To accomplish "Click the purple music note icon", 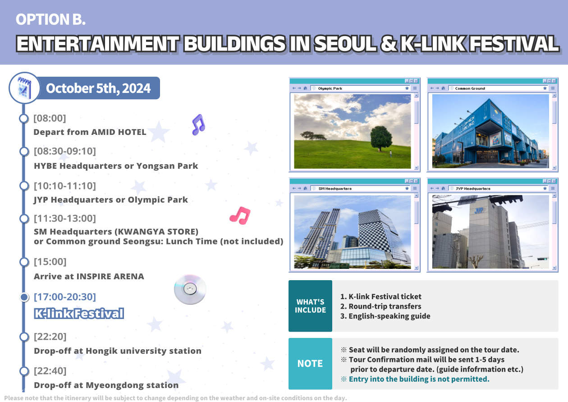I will click(x=198, y=125).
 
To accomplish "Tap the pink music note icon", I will click(x=240, y=216).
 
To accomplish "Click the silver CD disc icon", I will click(x=190, y=289).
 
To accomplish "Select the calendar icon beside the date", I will click(x=24, y=88).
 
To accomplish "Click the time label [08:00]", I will click(x=50, y=118).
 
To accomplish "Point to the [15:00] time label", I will click(x=50, y=262).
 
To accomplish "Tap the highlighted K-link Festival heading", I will click(x=79, y=314).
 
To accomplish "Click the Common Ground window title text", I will click(x=470, y=88).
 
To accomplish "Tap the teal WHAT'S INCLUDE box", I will click(x=310, y=306).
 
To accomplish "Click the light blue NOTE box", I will click(x=310, y=363).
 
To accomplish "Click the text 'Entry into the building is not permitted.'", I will click(x=419, y=379).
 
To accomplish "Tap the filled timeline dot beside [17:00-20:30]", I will click(x=24, y=297).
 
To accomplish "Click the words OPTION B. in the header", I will click(x=50, y=19).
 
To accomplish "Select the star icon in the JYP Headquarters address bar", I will click(x=545, y=189).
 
